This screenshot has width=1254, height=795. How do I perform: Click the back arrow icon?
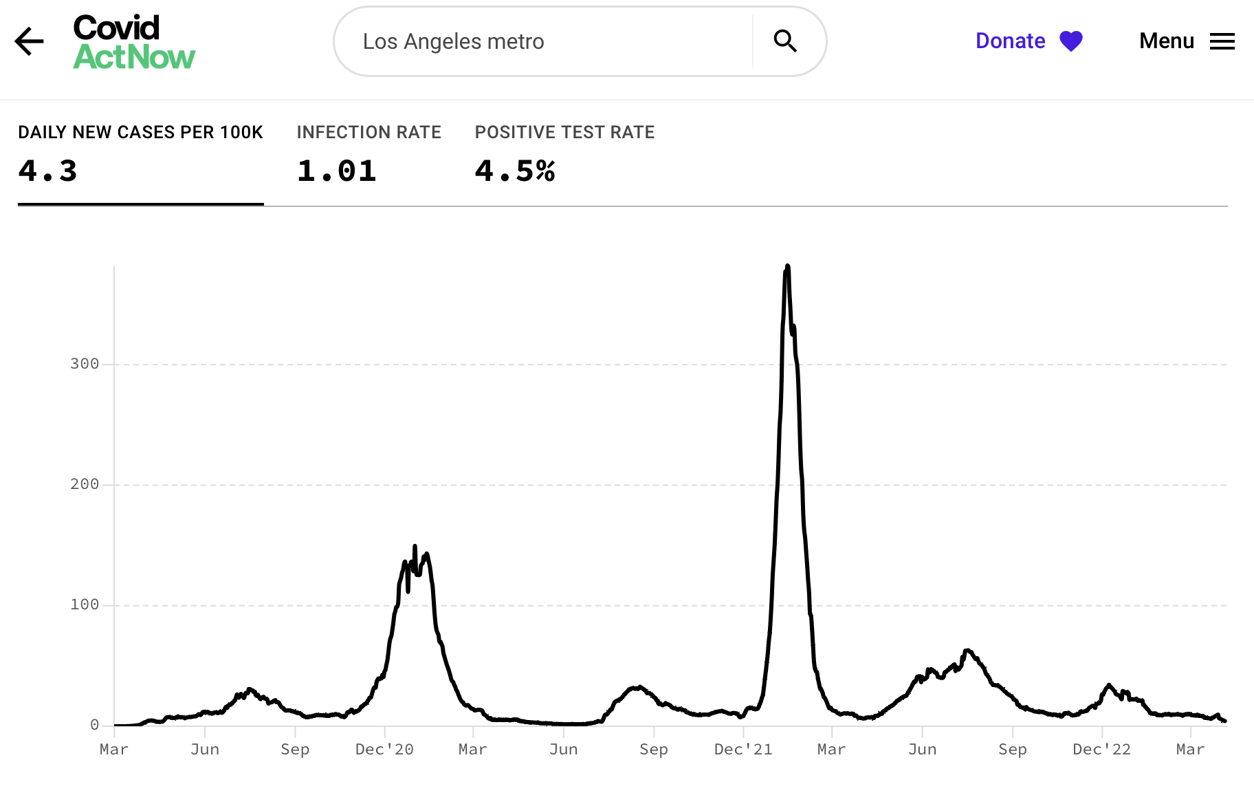29,41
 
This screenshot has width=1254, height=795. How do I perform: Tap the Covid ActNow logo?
134,43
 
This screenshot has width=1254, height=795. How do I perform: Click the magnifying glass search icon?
784,41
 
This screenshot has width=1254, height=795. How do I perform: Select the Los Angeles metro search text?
453,42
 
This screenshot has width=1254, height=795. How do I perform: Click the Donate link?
1010,41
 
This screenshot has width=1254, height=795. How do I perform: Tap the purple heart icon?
1070,41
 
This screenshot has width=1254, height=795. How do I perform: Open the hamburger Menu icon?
1222,41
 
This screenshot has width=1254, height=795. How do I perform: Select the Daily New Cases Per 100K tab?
140,132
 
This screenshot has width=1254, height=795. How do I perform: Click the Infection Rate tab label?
368,132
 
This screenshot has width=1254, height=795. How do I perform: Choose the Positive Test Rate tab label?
564,132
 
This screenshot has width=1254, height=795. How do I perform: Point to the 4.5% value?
514,171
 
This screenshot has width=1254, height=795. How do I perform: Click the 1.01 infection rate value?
336,171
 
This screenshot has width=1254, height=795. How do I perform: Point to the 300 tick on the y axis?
85,364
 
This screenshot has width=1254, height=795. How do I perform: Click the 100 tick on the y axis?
85,605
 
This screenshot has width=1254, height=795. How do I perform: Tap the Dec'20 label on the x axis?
384,750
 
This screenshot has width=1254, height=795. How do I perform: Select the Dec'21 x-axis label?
743,750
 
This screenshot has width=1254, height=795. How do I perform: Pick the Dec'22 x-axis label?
1101,750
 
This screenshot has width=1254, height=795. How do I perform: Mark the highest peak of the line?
787,266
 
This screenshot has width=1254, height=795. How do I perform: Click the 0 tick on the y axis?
94,725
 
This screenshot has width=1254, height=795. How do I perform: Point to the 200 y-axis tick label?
85,484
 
